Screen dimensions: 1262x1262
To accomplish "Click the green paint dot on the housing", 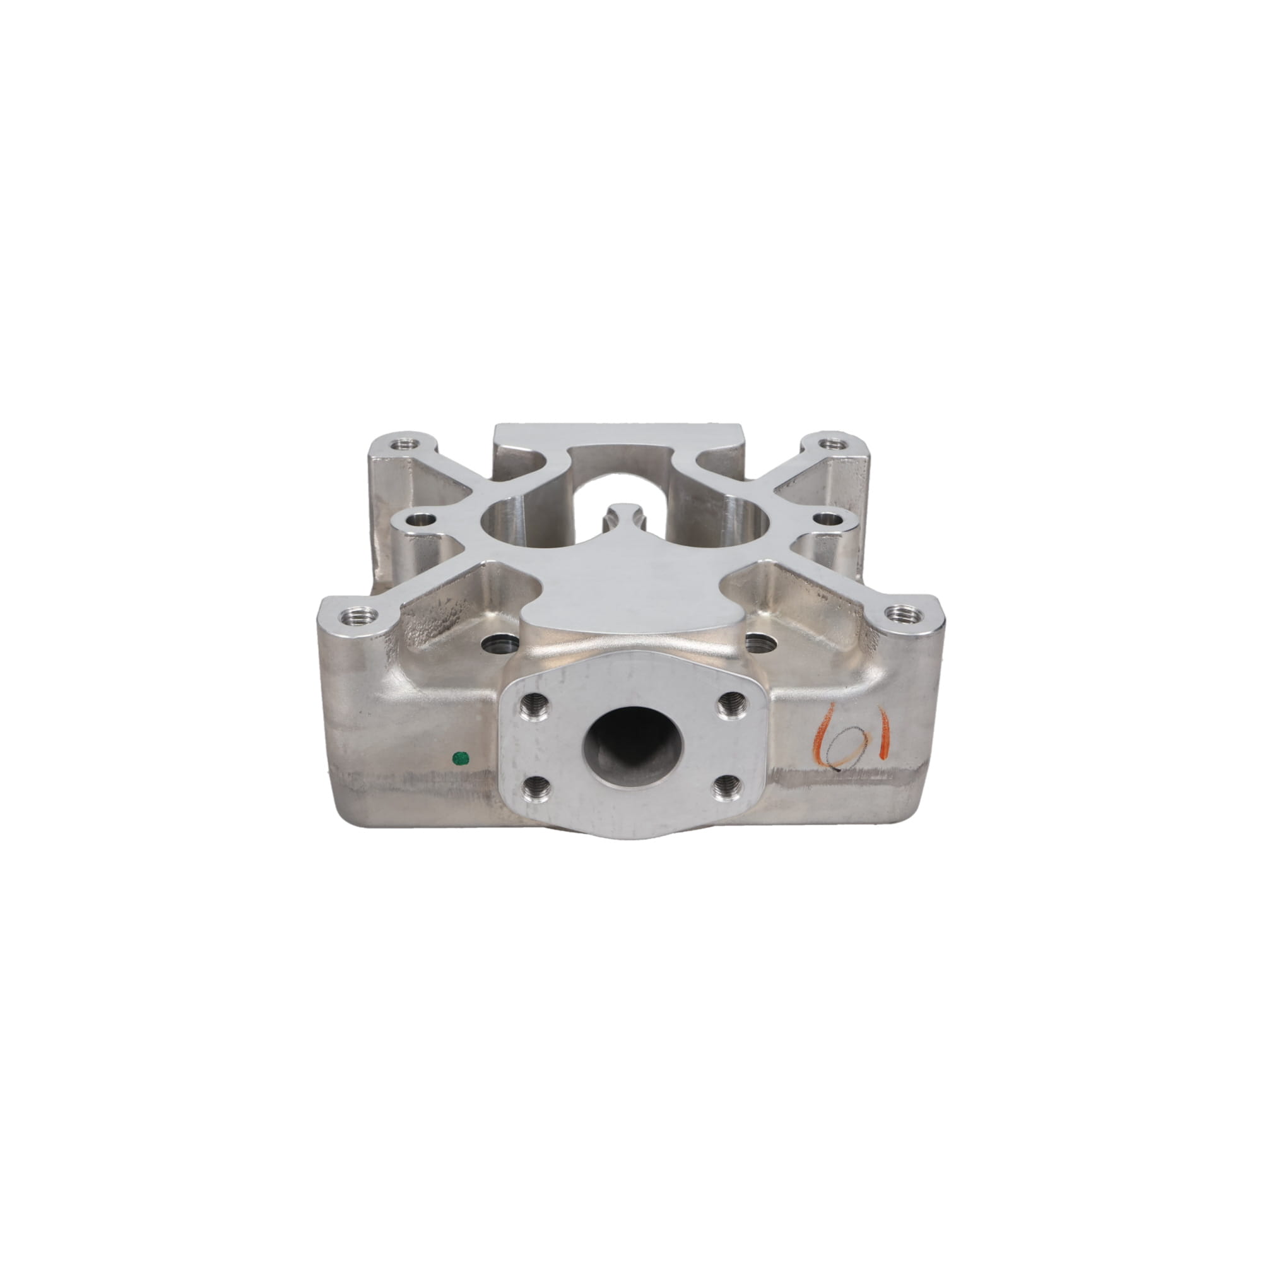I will click(x=461, y=758).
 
